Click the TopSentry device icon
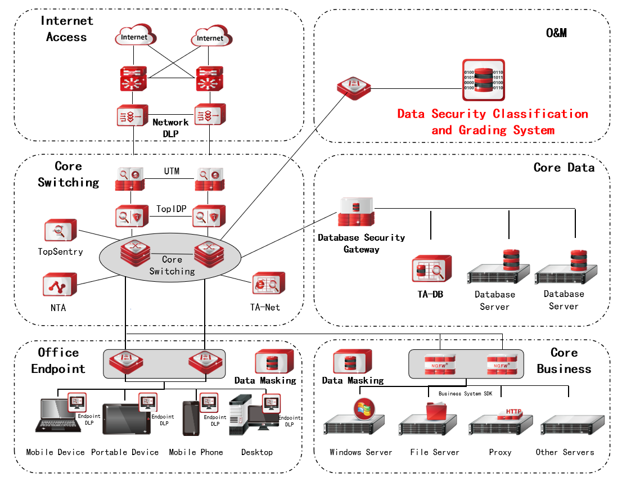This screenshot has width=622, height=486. (x=60, y=232)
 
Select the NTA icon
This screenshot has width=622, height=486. (x=60, y=285)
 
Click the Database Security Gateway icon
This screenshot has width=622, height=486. (x=356, y=213)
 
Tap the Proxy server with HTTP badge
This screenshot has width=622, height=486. (x=501, y=423)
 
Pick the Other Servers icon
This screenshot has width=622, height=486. (x=573, y=425)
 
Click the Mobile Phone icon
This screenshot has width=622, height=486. (x=191, y=418)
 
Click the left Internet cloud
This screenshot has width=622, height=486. (x=134, y=37)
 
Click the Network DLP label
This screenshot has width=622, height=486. (x=170, y=127)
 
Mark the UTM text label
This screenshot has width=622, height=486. (x=172, y=171)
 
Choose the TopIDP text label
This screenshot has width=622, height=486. (x=172, y=209)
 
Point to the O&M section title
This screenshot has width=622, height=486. (x=556, y=33)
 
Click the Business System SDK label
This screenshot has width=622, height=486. (x=465, y=394)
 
